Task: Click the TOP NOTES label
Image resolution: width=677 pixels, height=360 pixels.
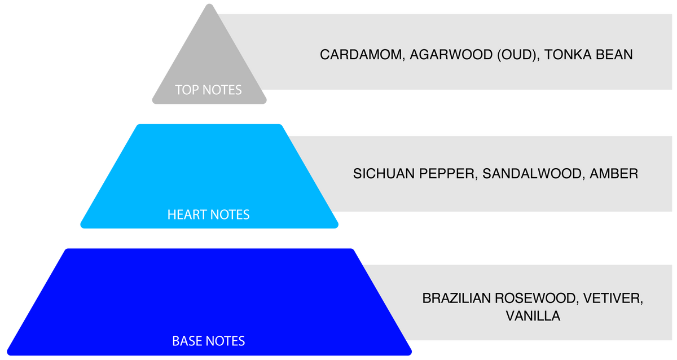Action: pos(208,90)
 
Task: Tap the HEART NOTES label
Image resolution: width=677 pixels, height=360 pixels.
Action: pos(209,214)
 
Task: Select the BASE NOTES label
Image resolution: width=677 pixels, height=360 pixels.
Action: pos(209,341)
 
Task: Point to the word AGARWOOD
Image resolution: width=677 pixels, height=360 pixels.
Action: pos(451,55)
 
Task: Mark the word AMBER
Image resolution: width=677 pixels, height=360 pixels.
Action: pos(614,174)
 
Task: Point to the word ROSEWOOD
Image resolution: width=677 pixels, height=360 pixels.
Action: pos(537,298)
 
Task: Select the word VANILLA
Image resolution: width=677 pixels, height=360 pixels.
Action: pos(533,316)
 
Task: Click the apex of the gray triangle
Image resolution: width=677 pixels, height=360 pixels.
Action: pos(209,4)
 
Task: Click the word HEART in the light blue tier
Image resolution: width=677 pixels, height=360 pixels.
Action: pos(187,214)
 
